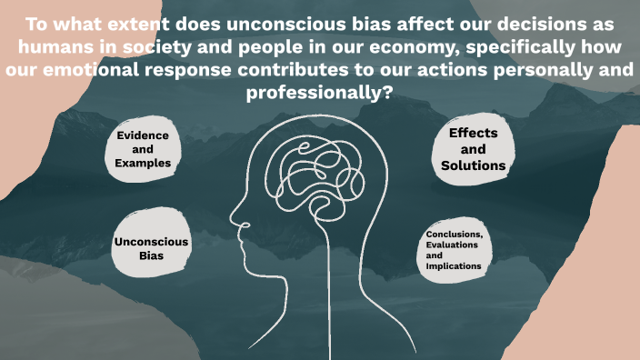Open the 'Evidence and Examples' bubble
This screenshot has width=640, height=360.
[143, 149]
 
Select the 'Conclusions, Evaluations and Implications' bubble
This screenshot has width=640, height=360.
[455, 251]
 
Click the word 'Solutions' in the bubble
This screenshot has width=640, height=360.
[473, 166]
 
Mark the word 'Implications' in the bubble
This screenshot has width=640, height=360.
[454, 266]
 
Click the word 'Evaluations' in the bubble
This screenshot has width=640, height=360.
[455, 245]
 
